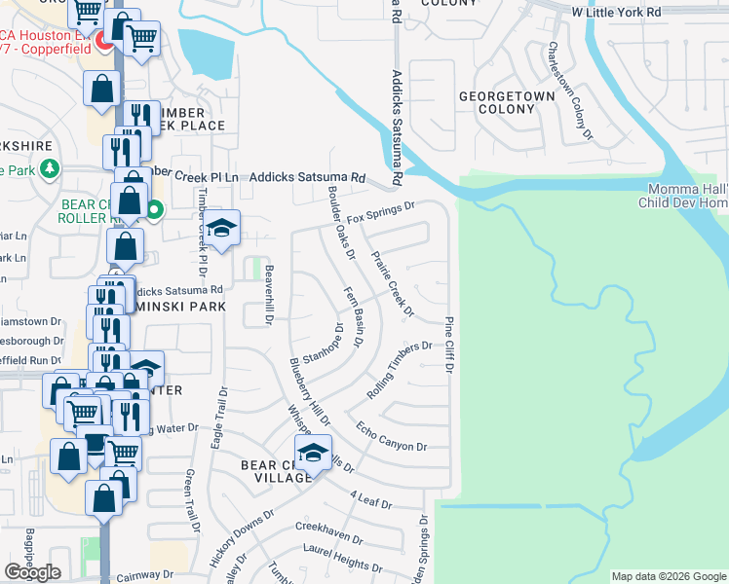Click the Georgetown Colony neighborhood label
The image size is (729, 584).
507,102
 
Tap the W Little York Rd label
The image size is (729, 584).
616,12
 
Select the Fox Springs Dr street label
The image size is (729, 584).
381,211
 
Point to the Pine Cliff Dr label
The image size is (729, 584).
451,345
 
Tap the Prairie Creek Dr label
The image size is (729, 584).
393,283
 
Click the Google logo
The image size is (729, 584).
32,572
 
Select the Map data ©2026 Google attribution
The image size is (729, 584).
669,576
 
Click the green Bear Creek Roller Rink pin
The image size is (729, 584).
155,207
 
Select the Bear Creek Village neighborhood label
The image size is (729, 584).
277,472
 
